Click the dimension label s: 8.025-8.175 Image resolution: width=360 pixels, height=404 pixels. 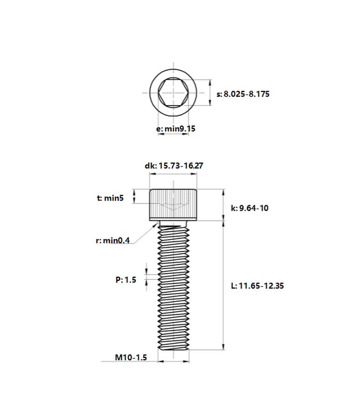(x=243, y=94)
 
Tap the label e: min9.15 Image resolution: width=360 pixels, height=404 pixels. (x=176, y=129)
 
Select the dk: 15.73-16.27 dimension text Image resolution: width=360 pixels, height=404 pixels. (x=174, y=166)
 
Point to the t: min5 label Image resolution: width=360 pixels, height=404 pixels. (x=110, y=198)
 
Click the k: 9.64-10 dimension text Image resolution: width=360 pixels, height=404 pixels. (x=250, y=208)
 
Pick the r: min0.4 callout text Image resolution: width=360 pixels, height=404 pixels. (x=113, y=241)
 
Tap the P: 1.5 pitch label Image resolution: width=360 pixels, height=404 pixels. (x=126, y=280)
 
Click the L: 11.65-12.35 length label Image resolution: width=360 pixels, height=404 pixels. (x=257, y=286)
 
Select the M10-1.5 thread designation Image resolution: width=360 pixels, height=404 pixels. (x=131, y=357)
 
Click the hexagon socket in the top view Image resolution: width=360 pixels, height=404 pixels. (x=173, y=93)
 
